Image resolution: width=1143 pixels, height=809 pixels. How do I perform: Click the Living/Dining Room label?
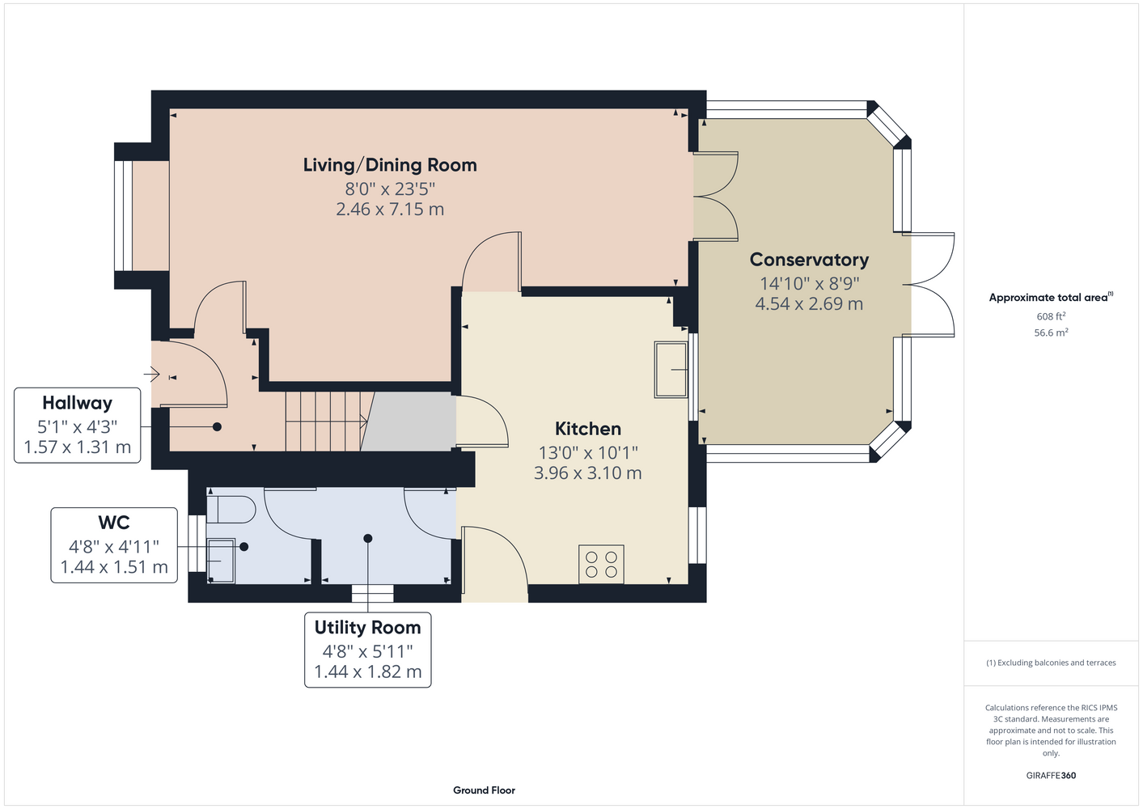tap(390, 165)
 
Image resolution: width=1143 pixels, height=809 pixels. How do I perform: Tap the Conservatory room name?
tap(809, 260)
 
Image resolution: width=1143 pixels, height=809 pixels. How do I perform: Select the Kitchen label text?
tap(588, 428)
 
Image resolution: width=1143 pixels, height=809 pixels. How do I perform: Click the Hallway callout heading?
tap(77, 403)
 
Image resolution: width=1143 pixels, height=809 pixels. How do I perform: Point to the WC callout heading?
tap(114, 522)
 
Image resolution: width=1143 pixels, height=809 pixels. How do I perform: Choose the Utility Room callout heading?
tap(367, 627)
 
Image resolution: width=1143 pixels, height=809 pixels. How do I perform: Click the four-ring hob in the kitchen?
tap(601, 564)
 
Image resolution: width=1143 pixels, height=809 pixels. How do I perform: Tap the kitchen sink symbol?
tap(671, 370)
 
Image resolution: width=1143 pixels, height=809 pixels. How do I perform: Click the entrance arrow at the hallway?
tap(151, 375)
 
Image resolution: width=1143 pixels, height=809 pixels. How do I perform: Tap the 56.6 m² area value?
tap(1051, 332)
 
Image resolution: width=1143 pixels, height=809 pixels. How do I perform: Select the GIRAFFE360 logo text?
tap(1051, 775)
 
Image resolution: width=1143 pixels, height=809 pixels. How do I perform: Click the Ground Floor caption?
tap(484, 790)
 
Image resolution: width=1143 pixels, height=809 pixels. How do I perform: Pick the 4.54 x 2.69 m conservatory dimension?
tap(809, 303)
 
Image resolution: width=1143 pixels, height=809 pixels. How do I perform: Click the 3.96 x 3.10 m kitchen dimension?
tap(588, 472)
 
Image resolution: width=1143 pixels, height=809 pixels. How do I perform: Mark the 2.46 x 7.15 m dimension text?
tap(390, 210)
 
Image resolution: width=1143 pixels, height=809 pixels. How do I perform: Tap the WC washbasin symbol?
tap(222, 561)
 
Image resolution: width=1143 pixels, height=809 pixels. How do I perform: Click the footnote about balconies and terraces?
tap(1051, 663)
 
